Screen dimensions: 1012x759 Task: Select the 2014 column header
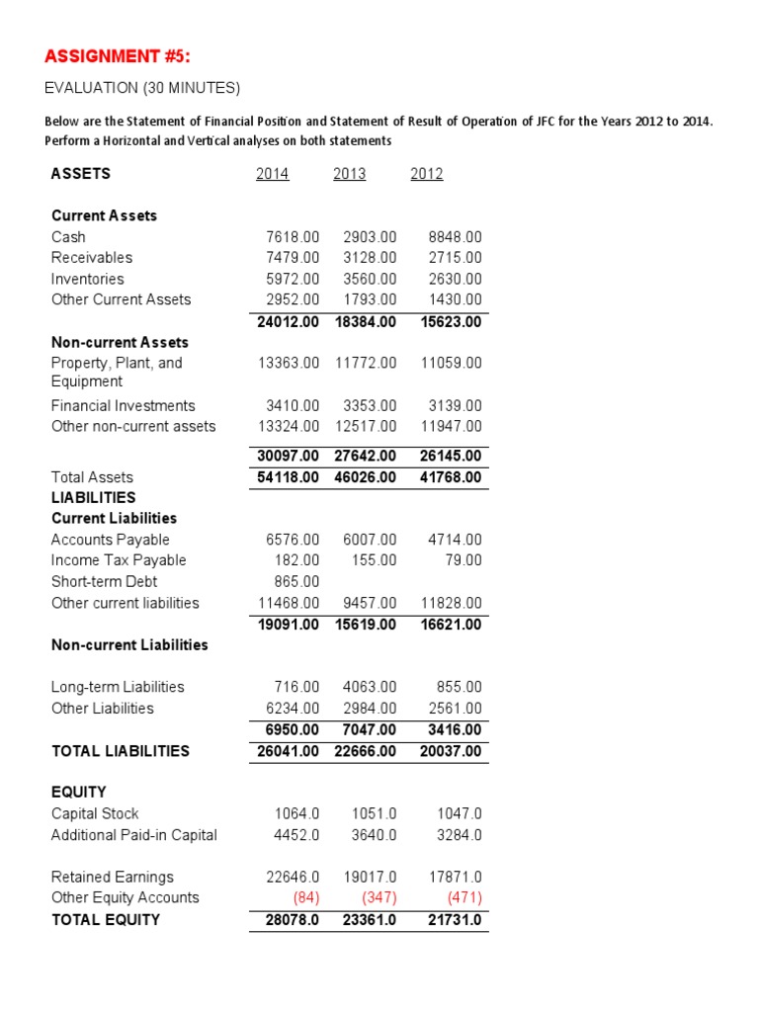(272, 174)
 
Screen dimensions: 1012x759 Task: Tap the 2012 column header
(427, 174)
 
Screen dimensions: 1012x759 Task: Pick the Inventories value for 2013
(370, 279)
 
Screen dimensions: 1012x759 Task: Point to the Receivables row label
(92, 258)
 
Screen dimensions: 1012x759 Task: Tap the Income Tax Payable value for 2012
(464, 560)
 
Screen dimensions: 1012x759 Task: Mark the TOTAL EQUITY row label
(106, 920)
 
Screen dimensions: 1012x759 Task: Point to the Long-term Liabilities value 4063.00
(370, 687)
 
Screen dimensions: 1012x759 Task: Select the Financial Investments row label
(124, 406)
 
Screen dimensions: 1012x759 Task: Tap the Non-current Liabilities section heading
(129, 645)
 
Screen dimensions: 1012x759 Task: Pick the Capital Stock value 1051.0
(375, 814)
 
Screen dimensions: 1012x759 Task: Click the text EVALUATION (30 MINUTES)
(142, 89)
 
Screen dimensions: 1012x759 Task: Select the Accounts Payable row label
(111, 540)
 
